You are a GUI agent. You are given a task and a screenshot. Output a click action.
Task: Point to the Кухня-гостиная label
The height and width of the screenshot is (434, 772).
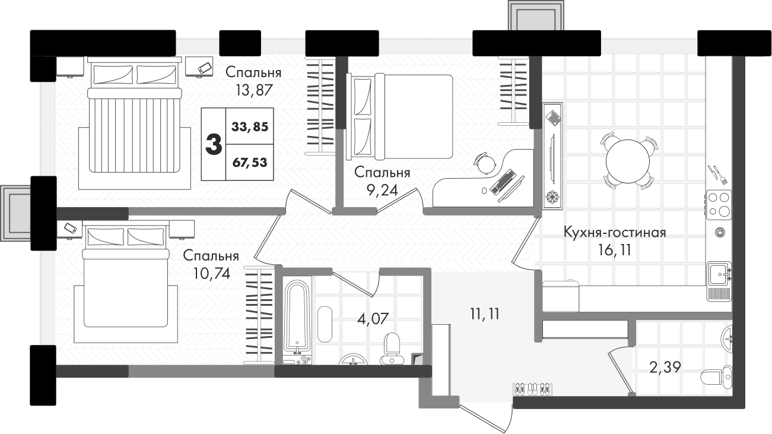pyautogui.click(x=615, y=232)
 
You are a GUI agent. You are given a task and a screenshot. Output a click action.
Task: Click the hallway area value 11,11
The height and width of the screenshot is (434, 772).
pyautogui.click(x=485, y=313)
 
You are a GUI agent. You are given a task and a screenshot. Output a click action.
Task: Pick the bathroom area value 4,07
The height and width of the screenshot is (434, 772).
pyautogui.click(x=373, y=319)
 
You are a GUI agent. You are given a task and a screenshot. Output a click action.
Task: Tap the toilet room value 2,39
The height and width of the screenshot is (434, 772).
pyautogui.click(x=665, y=368)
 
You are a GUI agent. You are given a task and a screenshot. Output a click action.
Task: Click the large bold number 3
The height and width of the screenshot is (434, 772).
pyautogui.click(x=214, y=144)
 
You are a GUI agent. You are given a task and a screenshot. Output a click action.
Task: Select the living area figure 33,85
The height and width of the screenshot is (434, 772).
pyautogui.click(x=250, y=127)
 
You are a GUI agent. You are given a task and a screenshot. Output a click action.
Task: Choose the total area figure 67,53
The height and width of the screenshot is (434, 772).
pyautogui.click(x=250, y=162)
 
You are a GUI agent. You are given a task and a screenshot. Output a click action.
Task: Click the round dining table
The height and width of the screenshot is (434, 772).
pyautogui.click(x=628, y=161)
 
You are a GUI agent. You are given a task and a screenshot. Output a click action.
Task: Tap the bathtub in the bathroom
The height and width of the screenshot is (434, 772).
pyautogui.click(x=297, y=317)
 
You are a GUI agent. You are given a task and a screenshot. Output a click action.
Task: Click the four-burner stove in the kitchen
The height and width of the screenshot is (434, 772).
pyautogui.click(x=719, y=205)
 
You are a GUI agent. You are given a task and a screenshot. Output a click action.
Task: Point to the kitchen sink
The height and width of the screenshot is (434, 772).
pyautogui.click(x=720, y=274)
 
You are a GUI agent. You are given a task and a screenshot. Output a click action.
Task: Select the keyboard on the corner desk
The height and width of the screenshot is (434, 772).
pyautogui.click(x=503, y=181)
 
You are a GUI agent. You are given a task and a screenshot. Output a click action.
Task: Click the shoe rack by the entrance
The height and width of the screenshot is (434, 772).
pyautogui.click(x=533, y=389)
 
